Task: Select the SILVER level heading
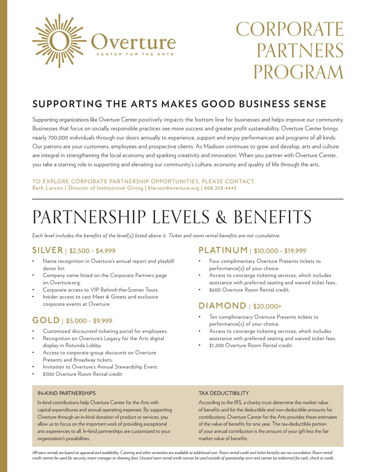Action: point(48,251)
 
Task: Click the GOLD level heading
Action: point(46,321)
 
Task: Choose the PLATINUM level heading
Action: point(223,251)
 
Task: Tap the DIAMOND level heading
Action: point(222,306)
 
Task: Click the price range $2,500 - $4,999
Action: point(92,251)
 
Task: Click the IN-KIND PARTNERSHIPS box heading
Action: point(66,393)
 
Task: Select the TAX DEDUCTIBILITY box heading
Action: point(224,393)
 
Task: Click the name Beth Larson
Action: point(47,188)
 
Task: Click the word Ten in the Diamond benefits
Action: point(213,317)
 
